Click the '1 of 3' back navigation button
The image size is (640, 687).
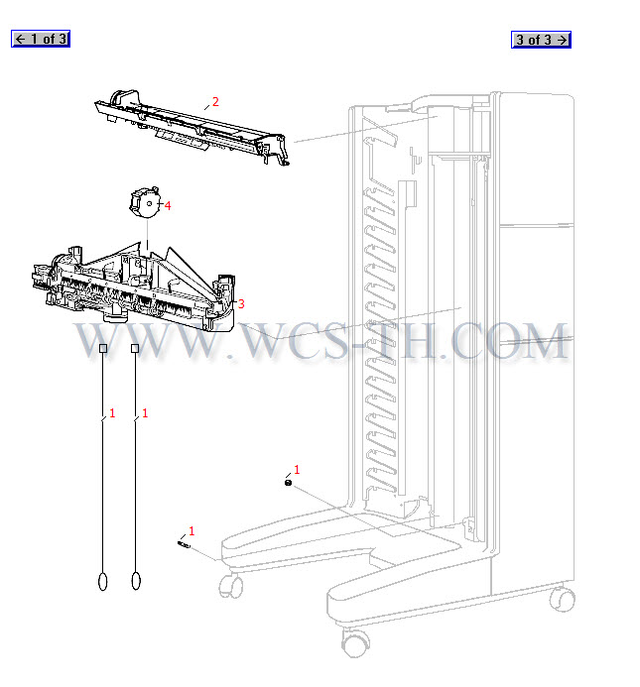point(41,39)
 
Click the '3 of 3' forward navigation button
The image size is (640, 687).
point(541,40)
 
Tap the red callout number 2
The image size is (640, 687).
point(215,102)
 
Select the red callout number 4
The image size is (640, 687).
point(168,205)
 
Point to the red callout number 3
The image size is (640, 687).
point(241,303)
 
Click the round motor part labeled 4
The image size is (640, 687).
point(144,202)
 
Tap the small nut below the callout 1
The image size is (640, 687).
point(288,483)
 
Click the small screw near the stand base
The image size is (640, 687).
point(184,544)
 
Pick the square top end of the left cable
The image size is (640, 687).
point(103,348)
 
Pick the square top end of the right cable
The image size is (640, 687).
point(135,348)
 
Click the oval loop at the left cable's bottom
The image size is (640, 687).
point(102,581)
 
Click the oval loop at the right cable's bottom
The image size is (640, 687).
point(136,581)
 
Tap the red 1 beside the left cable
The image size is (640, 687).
point(112,413)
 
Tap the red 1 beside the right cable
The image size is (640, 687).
point(145,413)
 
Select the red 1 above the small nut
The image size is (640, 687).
point(297,470)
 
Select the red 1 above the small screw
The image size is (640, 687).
point(192,531)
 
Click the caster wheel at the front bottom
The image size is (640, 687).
point(354,642)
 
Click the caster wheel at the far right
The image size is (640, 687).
point(562,599)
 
